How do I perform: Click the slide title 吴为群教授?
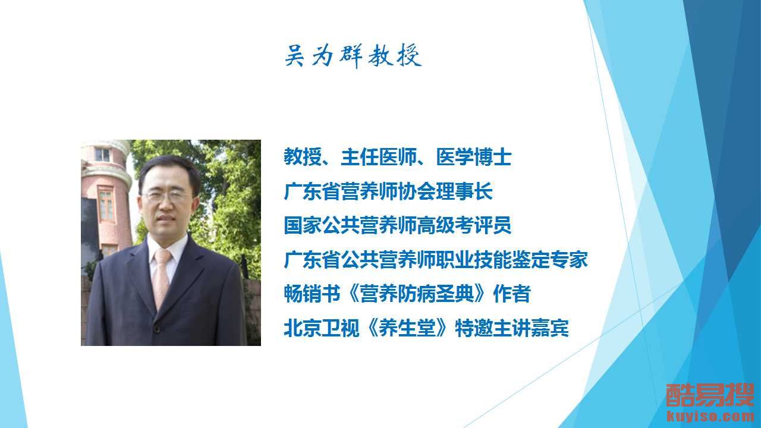point(353,55)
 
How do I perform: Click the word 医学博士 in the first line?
point(474,158)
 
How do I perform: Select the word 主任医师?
point(379,158)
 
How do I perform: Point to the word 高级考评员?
point(464,225)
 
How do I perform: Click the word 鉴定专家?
point(550,260)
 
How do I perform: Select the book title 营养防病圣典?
point(417,294)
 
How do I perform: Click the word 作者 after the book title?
point(512,294)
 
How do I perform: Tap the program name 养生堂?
point(407,328)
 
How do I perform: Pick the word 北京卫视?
point(322,328)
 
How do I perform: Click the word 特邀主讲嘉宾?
point(512,328)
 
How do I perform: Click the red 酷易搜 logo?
point(710,395)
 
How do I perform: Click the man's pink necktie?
point(161,279)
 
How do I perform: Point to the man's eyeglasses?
point(167,196)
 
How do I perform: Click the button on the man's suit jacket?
point(156,329)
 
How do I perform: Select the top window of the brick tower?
point(103,155)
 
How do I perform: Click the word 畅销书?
point(312,294)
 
